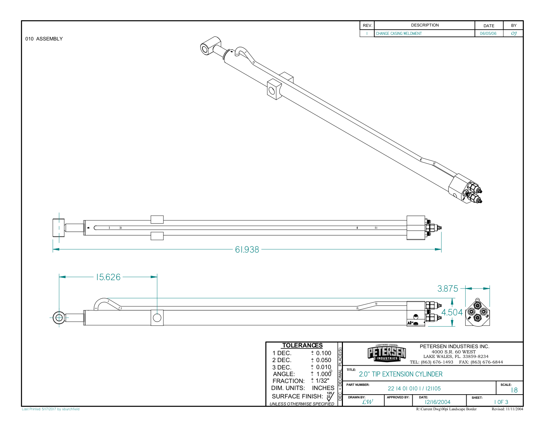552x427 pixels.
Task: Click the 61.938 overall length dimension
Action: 247,250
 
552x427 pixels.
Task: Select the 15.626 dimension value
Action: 108,277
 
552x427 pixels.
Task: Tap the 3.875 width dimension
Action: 448,289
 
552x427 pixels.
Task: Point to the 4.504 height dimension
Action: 452,313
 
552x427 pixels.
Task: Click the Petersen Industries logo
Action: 386,353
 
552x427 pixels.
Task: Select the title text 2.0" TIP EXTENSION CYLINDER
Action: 400,374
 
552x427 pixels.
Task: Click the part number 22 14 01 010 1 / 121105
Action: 414,389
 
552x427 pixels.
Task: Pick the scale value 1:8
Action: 514,390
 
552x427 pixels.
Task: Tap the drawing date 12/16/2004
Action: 437,402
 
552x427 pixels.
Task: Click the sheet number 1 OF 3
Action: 501,402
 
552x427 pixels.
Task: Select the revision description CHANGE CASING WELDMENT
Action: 398,34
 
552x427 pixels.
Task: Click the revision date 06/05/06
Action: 488,34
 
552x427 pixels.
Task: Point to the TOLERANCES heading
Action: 302,345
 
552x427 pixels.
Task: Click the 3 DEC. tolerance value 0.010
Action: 323,367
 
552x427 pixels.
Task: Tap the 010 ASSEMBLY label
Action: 44,39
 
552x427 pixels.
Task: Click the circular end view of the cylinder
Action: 477,313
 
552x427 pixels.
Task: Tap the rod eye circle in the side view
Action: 59,317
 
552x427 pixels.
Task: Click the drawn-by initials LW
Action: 367,402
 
